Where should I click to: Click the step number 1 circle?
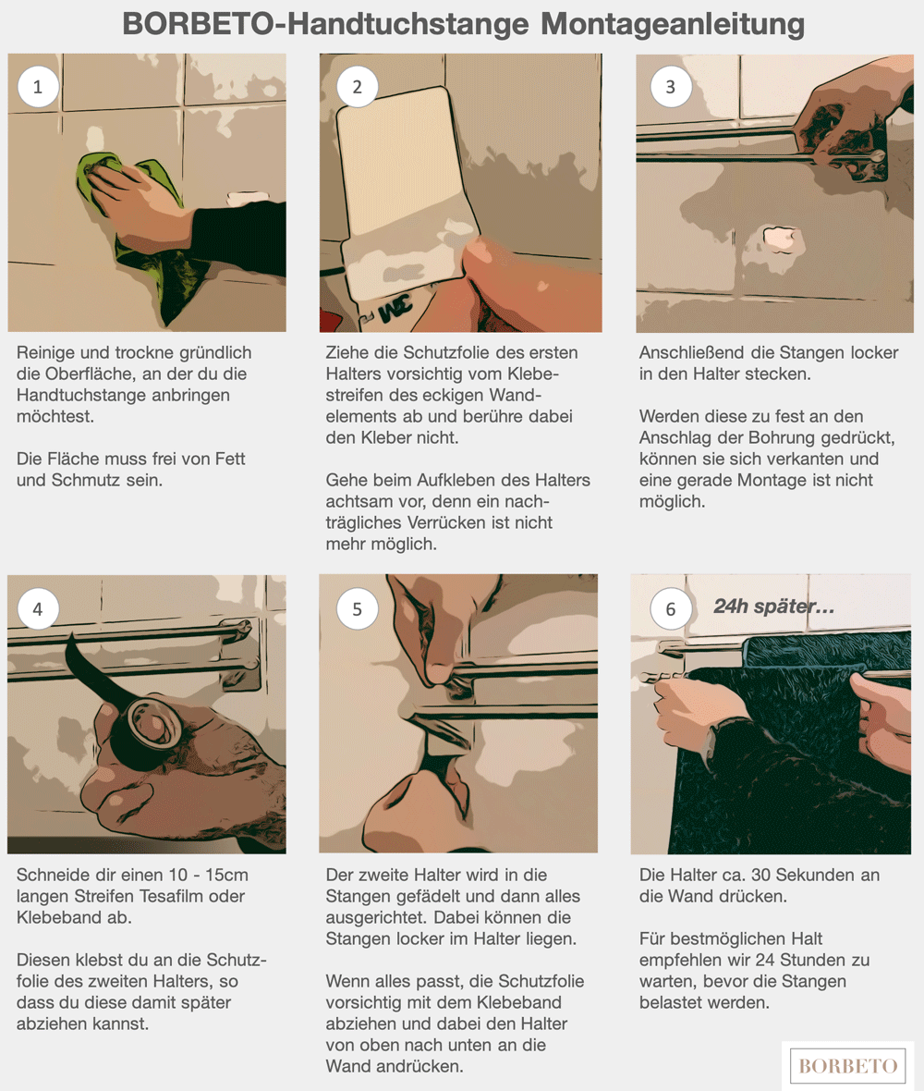(38, 87)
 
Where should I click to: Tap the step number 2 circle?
(357, 87)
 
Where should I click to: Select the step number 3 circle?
(670, 87)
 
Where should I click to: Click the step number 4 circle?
(38, 609)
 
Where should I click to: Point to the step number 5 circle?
(357, 609)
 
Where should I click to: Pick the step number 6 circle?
(670, 609)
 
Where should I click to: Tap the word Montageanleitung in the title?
(673, 24)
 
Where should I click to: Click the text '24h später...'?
(773, 607)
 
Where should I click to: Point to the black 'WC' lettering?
(395, 307)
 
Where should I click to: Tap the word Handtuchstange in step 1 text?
(123, 395)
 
